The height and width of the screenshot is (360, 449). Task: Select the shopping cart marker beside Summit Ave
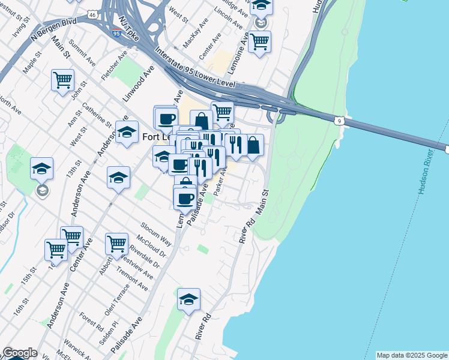(62, 80)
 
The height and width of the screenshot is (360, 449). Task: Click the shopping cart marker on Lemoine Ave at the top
(259, 41)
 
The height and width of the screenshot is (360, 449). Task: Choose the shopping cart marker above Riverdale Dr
(116, 244)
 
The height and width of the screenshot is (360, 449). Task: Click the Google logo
(20, 353)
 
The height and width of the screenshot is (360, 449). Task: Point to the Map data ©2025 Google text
(411, 355)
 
